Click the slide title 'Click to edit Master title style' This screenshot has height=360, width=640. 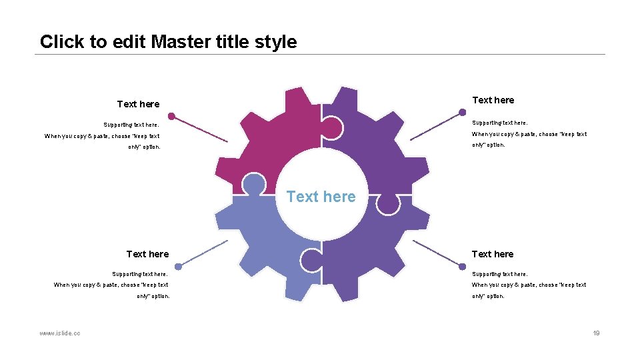point(168,42)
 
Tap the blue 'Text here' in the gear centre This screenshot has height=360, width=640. point(321,197)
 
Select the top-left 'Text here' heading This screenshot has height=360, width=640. point(138,104)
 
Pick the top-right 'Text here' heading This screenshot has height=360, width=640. point(493,100)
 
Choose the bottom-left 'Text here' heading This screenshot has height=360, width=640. point(147,254)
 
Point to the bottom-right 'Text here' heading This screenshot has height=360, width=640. point(493,254)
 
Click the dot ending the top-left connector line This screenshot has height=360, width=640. point(171,116)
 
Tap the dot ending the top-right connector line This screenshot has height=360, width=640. point(463,113)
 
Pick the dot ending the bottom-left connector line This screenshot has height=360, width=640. point(178,266)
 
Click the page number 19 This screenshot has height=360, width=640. point(597,333)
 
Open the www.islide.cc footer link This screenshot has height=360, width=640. point(60,333)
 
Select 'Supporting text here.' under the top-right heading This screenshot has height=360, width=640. point(499,123)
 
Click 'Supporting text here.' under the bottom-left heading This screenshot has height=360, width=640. point(139,274)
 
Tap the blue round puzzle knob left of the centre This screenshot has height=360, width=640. point(253,183)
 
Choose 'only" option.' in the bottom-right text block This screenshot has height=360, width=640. point(488,296)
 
